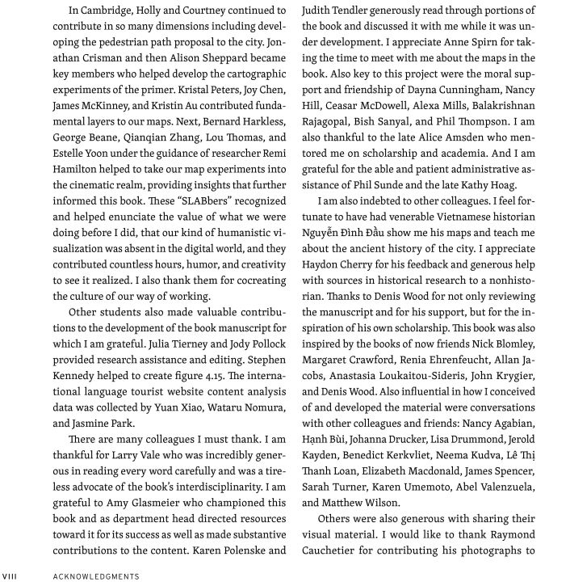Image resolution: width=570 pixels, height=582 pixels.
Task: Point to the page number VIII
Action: [10, 575]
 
